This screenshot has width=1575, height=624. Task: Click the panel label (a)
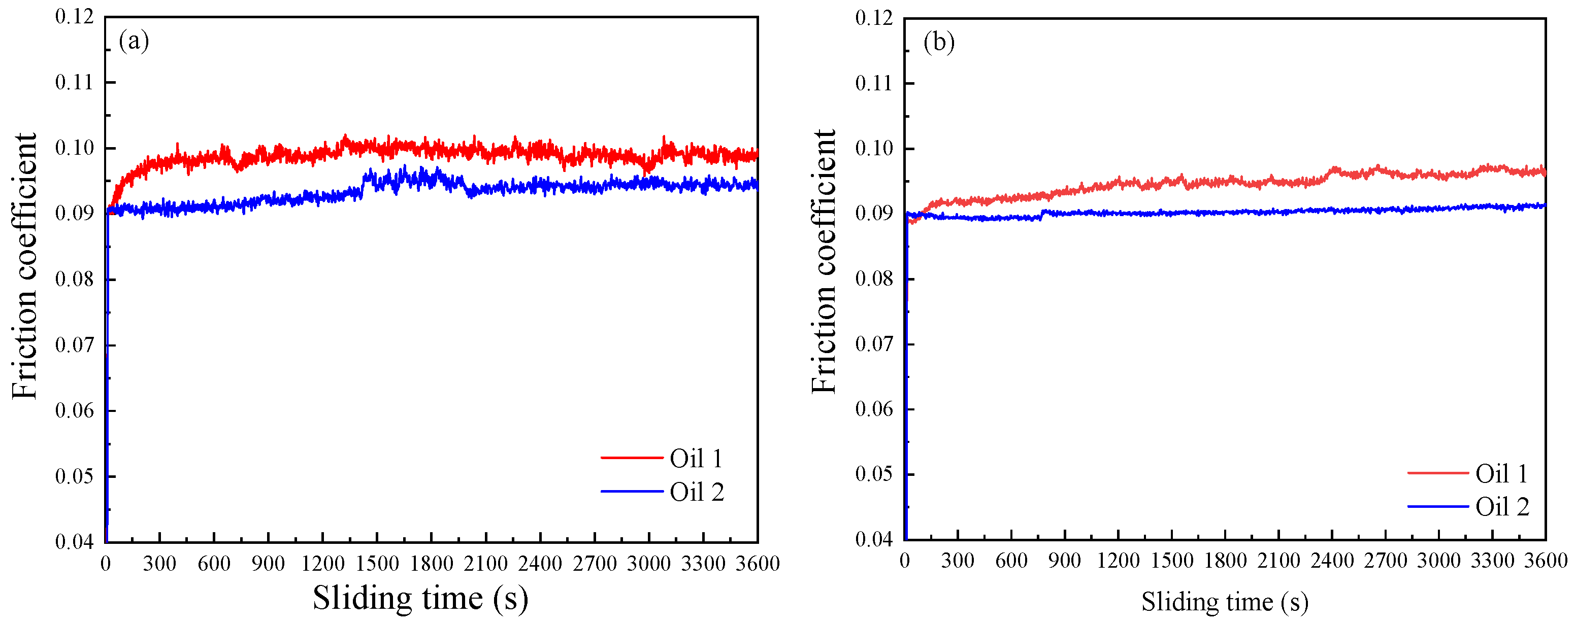pos(134,41)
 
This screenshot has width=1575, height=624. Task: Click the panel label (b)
pos(938,42)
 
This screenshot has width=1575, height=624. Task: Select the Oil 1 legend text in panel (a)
pos(696,459)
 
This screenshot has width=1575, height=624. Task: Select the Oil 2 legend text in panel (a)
pos(697,492)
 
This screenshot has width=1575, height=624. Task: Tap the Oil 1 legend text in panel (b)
pos(1501,474)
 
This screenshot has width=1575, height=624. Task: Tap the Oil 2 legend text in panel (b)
pos(1501,507)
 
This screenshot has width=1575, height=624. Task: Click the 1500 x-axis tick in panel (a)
pos(377,538)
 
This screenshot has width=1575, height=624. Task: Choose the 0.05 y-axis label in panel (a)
pos(74,475)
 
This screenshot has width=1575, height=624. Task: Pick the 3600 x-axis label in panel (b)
pos(1545,561)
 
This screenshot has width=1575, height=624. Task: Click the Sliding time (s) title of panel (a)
pos(420,598)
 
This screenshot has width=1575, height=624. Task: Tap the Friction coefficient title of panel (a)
pos(24,266)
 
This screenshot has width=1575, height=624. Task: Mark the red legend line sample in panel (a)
pos(631,457)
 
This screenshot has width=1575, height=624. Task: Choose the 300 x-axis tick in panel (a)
pos(159,538)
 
